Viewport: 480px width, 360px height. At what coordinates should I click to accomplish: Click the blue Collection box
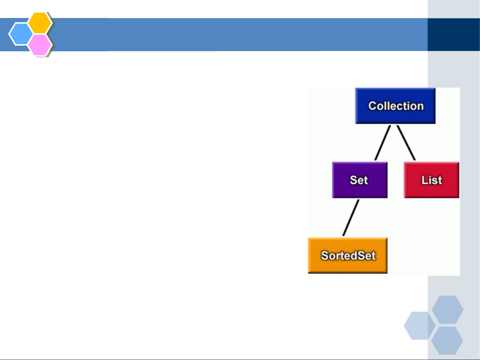(395, 106)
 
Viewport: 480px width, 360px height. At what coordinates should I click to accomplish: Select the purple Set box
(360, 180)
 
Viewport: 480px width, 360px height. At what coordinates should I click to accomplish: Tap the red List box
(431, 180)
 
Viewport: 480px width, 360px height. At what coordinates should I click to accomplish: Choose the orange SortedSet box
(348, 255)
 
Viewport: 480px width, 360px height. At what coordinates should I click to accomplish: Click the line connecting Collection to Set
(382, 143)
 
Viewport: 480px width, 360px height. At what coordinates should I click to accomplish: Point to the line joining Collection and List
(406, 143)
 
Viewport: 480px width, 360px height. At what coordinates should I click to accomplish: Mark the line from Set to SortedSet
(351, 218)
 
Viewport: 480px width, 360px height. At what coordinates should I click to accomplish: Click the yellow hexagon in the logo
(40, 23)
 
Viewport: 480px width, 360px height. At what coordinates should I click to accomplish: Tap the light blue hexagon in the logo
(21, 34)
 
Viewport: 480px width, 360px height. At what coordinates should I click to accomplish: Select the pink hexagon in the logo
(40, 45)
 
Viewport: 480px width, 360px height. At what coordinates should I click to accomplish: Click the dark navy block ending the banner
(454, 35)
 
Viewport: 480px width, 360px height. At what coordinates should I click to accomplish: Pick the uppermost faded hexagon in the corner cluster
(448, 309)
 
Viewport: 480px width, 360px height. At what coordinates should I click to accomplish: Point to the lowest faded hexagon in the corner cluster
(447, 341)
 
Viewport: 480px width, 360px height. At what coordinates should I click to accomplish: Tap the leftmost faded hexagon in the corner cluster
(420, 325)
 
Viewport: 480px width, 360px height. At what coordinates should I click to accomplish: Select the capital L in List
(424, 180)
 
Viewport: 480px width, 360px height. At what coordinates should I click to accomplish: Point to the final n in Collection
(420, 107)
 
